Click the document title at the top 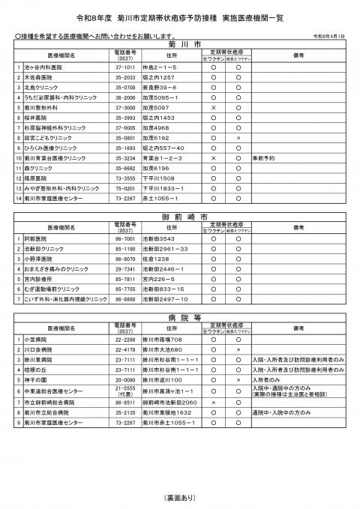(x=180, y=15)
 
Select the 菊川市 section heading (x=180, y=43)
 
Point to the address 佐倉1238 (x=155, y=258)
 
